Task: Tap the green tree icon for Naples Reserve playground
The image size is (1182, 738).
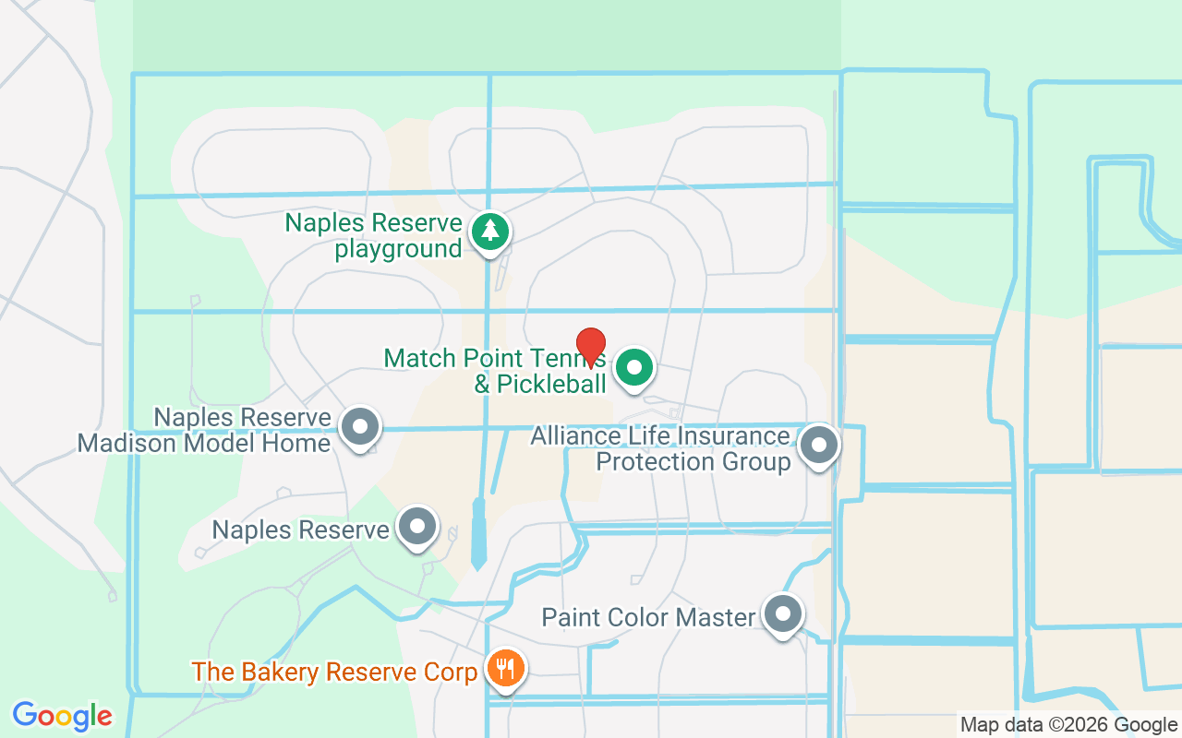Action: tap(489, 232)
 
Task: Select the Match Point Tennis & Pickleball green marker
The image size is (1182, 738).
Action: tap(634, 367)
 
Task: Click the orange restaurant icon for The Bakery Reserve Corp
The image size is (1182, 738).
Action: tap(504, 667)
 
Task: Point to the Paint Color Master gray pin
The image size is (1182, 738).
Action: tap(783, 613)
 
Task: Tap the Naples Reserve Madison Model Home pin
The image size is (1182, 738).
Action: tap(360, 427)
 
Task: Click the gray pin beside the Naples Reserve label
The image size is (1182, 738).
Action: tap(417, 527)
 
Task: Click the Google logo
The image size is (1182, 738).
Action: tap(63, 715)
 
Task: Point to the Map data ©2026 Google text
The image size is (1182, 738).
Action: tap(1067, 724)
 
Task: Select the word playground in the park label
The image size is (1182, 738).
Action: tap(398, 249)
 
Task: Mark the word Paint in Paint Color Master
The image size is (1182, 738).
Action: tap(568, 617)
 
